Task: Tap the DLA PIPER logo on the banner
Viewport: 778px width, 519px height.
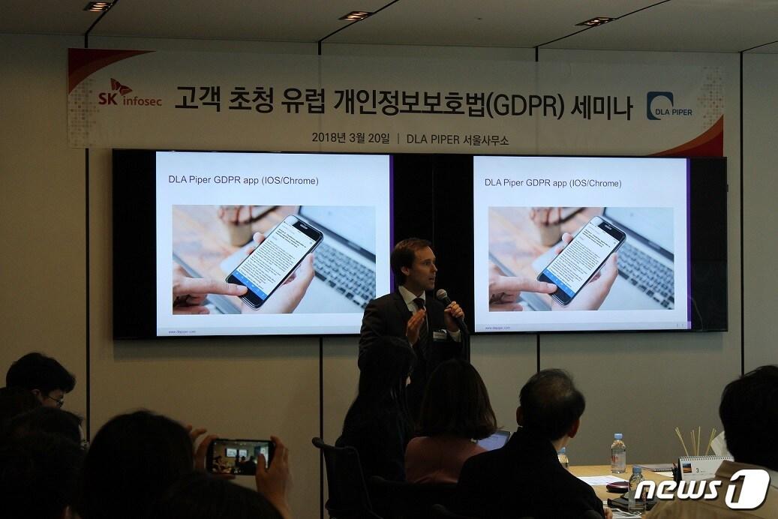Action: click(x=669, y=106)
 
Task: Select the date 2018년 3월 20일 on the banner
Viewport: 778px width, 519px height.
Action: click(x=350, y=138)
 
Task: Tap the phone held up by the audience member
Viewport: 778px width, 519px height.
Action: click(x=239, y=457)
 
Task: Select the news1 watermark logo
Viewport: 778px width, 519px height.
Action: click(x=701, y=490)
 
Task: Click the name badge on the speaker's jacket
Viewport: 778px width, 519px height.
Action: click(x=440, y=334)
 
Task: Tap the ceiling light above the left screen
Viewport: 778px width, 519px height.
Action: click(x=356, y=16)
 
